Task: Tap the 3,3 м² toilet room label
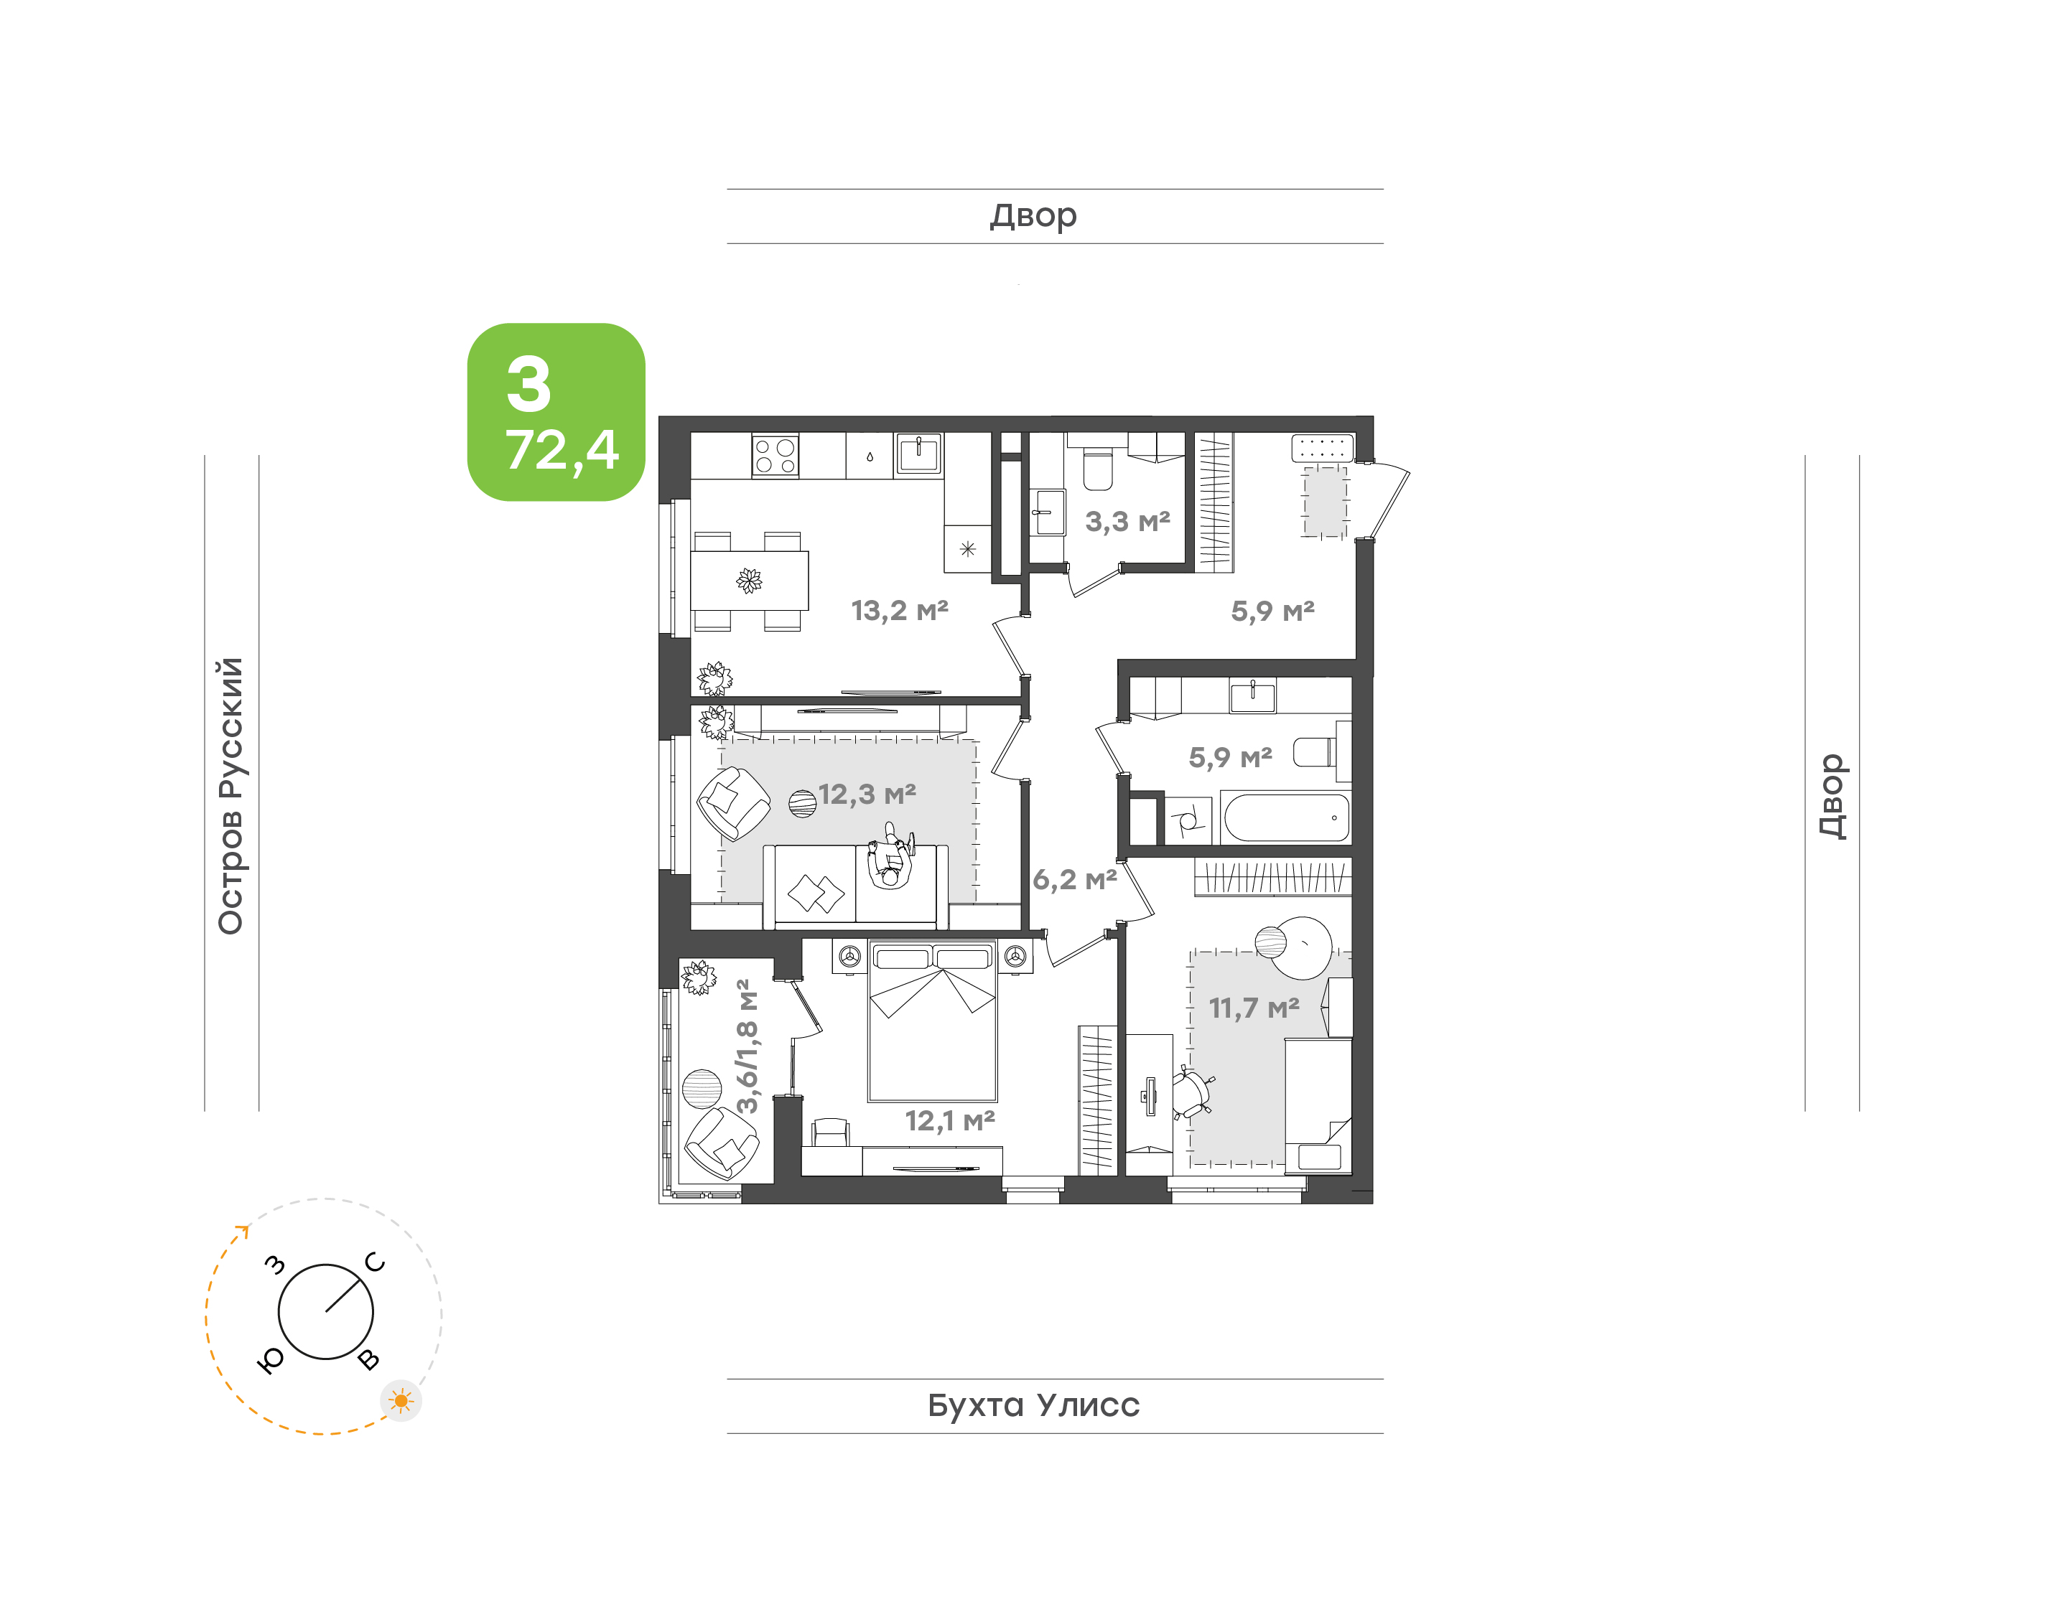click(x=1127, y=520)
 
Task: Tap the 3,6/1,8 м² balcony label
click(x=747, y=1046)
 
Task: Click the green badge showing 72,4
click(x=556, y=412)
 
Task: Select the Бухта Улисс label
click(x=1033, y=1405)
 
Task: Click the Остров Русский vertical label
click(x=230, y=796)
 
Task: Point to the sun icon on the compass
click(x=401, y=1401)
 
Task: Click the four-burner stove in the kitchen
click(x=775, y=456)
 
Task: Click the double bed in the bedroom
click(x=933, y=1021)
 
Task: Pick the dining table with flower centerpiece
click(x=750, y=580)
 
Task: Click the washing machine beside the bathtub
click(x=1188, y=820)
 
